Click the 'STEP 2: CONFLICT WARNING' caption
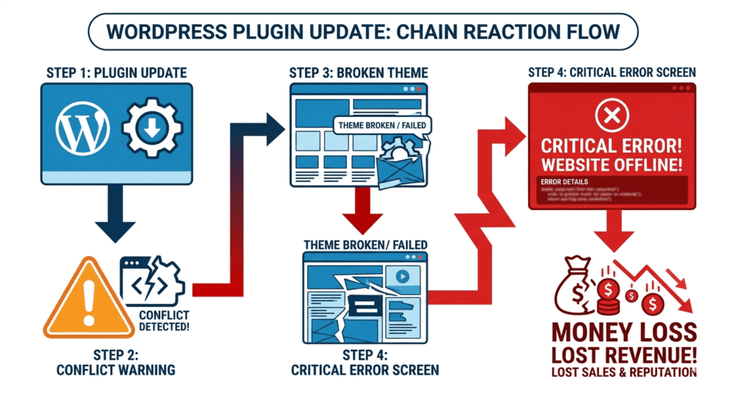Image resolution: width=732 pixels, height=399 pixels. click(x=117, y=362)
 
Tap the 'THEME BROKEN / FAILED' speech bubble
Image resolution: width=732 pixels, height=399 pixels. click(x=382, y=126)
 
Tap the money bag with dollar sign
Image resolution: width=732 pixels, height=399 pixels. click(x=575, y=285)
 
